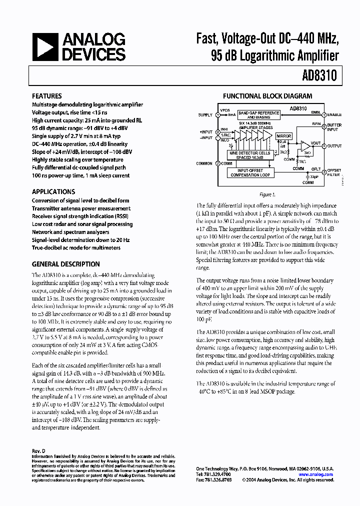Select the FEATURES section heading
pos(47,96)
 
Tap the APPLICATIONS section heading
pos(53,191)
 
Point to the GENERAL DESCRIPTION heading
pos(65,264)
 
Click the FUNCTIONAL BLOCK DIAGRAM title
pos(267,96)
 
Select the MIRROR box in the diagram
pos(283,136)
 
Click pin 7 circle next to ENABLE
pos(323,115)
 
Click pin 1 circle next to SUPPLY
pos(217,115)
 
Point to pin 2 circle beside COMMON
pos(217,163)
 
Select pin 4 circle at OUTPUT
pos(323,146)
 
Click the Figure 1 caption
pos(267,194)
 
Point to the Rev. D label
pos(38,450)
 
